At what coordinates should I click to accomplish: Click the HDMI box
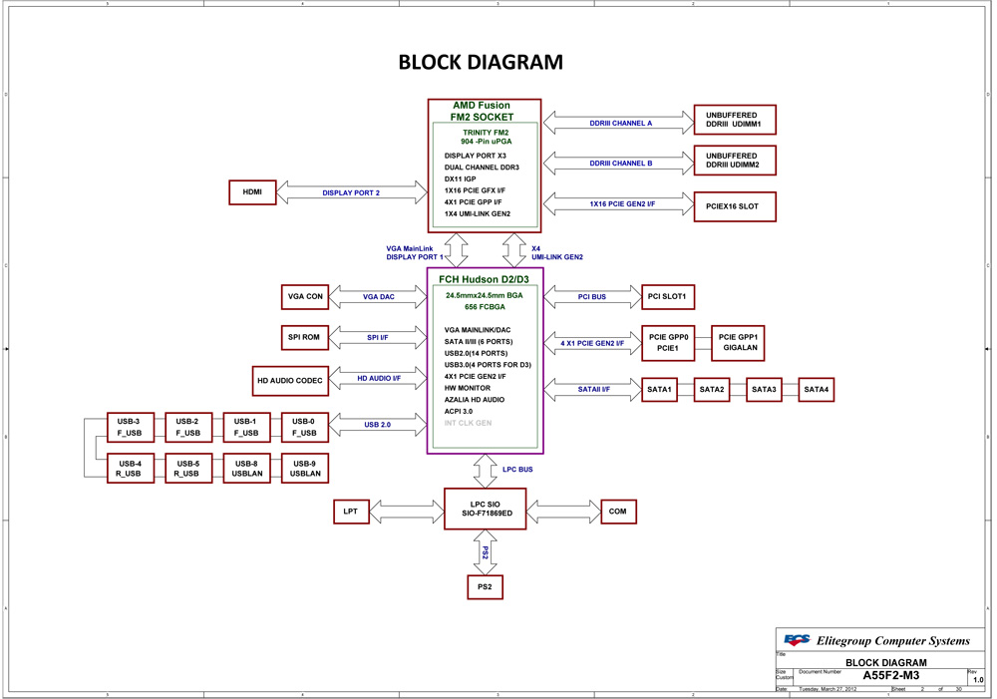252,192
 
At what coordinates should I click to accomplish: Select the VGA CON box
306,296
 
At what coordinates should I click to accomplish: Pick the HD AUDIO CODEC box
289,380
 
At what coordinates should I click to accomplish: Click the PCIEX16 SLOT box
733,206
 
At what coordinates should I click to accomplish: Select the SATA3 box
764,389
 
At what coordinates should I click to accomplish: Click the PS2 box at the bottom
485,587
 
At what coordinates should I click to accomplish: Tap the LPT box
351,512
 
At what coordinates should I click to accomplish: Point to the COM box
617,512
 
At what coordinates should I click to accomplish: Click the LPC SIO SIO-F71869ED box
486,508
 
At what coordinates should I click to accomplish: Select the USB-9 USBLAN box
304,469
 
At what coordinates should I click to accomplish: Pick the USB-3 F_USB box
130,427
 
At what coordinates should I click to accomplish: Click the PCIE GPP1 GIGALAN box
739,343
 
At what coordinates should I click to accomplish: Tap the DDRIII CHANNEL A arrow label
620,123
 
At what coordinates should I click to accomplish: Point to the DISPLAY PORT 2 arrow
351,192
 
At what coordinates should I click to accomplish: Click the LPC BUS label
516,469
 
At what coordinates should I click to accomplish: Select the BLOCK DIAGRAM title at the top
481,62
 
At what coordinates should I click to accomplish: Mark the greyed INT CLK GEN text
469,423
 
